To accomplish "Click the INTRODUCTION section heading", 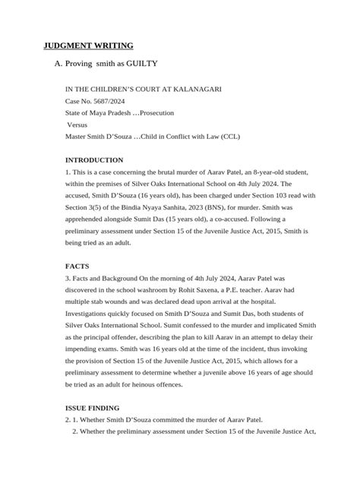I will click(x=94, y=160).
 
